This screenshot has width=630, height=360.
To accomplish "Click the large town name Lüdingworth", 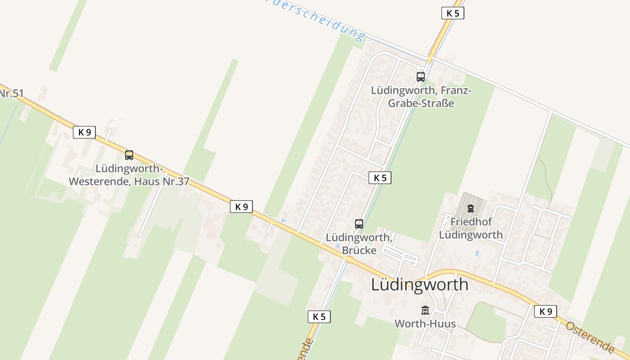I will [x=419, y=284].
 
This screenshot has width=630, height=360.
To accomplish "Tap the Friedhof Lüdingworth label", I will [x=471, y=228].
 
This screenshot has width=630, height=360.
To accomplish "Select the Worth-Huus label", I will [x=425, y=324].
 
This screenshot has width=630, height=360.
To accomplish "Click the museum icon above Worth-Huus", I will [x=425, y=310].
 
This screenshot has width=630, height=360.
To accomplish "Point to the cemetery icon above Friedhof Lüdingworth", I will [x=471, y=208].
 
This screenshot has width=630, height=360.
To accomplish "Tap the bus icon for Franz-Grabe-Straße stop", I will [x=421, y=76].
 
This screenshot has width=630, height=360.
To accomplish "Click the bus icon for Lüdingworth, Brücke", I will [x=359, y=224].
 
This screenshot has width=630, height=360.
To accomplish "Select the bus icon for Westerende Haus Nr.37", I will [x=129, y=155].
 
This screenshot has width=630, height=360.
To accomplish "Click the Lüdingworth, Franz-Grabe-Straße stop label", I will [x=421, y=97].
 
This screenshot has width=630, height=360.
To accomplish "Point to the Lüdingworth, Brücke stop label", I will [x=359, y=243].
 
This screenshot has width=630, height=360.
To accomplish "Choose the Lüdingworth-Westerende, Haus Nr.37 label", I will [x=129, y=175].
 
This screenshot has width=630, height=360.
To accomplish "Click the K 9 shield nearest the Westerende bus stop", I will [x=85, y=132].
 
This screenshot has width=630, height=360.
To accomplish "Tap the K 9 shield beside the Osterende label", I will [x=545, y=311].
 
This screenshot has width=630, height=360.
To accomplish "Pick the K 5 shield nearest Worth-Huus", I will [x=319, y=317].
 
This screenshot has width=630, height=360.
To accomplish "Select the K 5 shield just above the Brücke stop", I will [x=380, y=178].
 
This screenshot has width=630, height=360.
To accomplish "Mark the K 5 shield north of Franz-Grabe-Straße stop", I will [x=452, y=13].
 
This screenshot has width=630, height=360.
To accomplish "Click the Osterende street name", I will [x=590, y=337].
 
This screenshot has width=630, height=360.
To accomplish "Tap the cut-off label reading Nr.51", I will [x=11, y=94].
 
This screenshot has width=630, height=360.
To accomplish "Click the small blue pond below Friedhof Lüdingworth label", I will [x=477, y=253].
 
